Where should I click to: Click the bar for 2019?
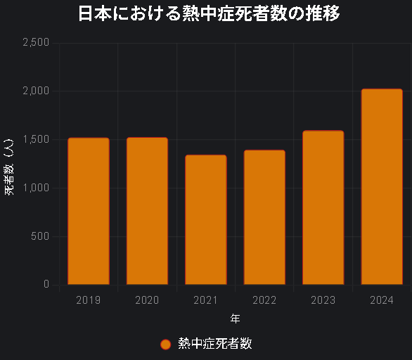tap(89, 211)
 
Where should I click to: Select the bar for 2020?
tap(147, 211)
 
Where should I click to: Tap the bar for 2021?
tap(206, 219)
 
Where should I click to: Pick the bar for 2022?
tap(264, 217)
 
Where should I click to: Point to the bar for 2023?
tap(323, 207)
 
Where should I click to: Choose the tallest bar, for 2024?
tap(382, 186)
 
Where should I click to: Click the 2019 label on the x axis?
tap(89, 300)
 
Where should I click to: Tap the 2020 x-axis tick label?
tap(147, 300)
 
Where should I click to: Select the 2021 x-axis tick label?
tap(206, 300)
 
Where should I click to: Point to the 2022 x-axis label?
tap(264, 300)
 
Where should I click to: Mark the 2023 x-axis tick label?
tap(323, 300)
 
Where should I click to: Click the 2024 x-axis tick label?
tap(382, 300)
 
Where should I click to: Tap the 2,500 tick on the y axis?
tap(36, 43)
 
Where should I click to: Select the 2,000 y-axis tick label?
tap(36, 91)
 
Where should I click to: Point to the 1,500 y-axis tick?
tap(36, 139)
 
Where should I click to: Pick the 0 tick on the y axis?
tap(46, 284)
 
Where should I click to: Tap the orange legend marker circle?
tap(166, 344)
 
